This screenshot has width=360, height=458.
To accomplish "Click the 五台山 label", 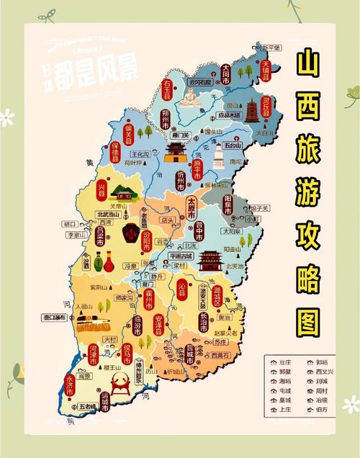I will [233, 145].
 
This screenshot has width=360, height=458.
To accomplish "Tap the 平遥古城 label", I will [181, 255].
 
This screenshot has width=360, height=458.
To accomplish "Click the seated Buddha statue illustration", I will [189, 96].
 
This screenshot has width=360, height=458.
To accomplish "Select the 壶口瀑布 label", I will [53, 317].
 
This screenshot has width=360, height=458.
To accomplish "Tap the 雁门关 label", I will [180, 135].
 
